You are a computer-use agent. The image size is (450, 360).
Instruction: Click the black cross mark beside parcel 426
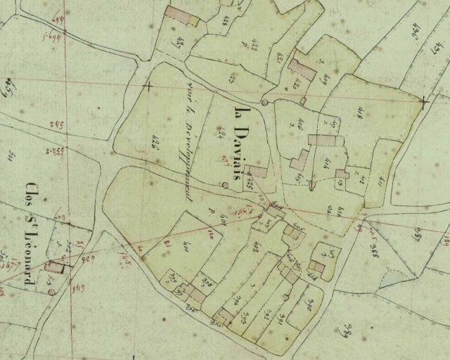[x=148, y=86]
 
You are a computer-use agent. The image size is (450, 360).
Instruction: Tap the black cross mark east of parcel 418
[x=423, y=102]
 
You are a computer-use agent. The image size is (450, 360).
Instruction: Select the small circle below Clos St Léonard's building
[x=51, y=291]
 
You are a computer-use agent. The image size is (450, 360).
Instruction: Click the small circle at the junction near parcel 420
[x=264, y=103]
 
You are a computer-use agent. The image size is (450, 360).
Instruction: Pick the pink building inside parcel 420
[x=302, y=70]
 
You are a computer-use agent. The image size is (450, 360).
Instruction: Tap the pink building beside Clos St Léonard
[x=53, y=266]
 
